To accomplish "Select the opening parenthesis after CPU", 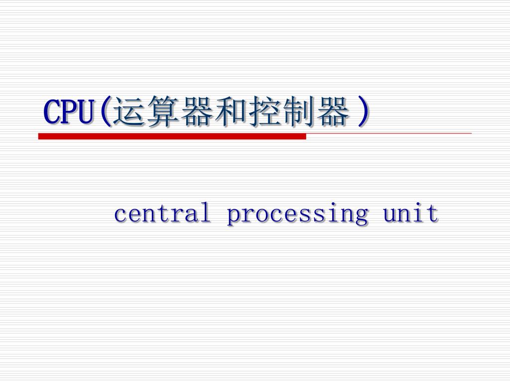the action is (105, 112).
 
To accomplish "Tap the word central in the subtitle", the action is (162, 214).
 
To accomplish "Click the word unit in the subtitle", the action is (410, 214).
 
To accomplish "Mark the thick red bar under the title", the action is (172, 136).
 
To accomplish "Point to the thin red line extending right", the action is (388, 134).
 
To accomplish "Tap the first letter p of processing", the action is (233, 216).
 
